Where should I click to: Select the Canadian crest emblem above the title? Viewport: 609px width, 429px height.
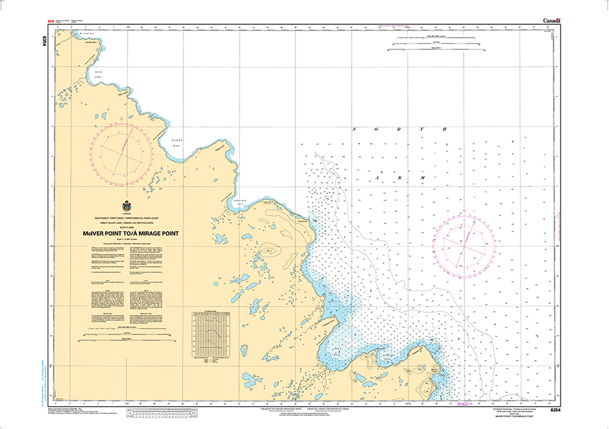click(127, 205)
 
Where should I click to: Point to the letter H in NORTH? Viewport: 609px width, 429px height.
click(445, 130)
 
